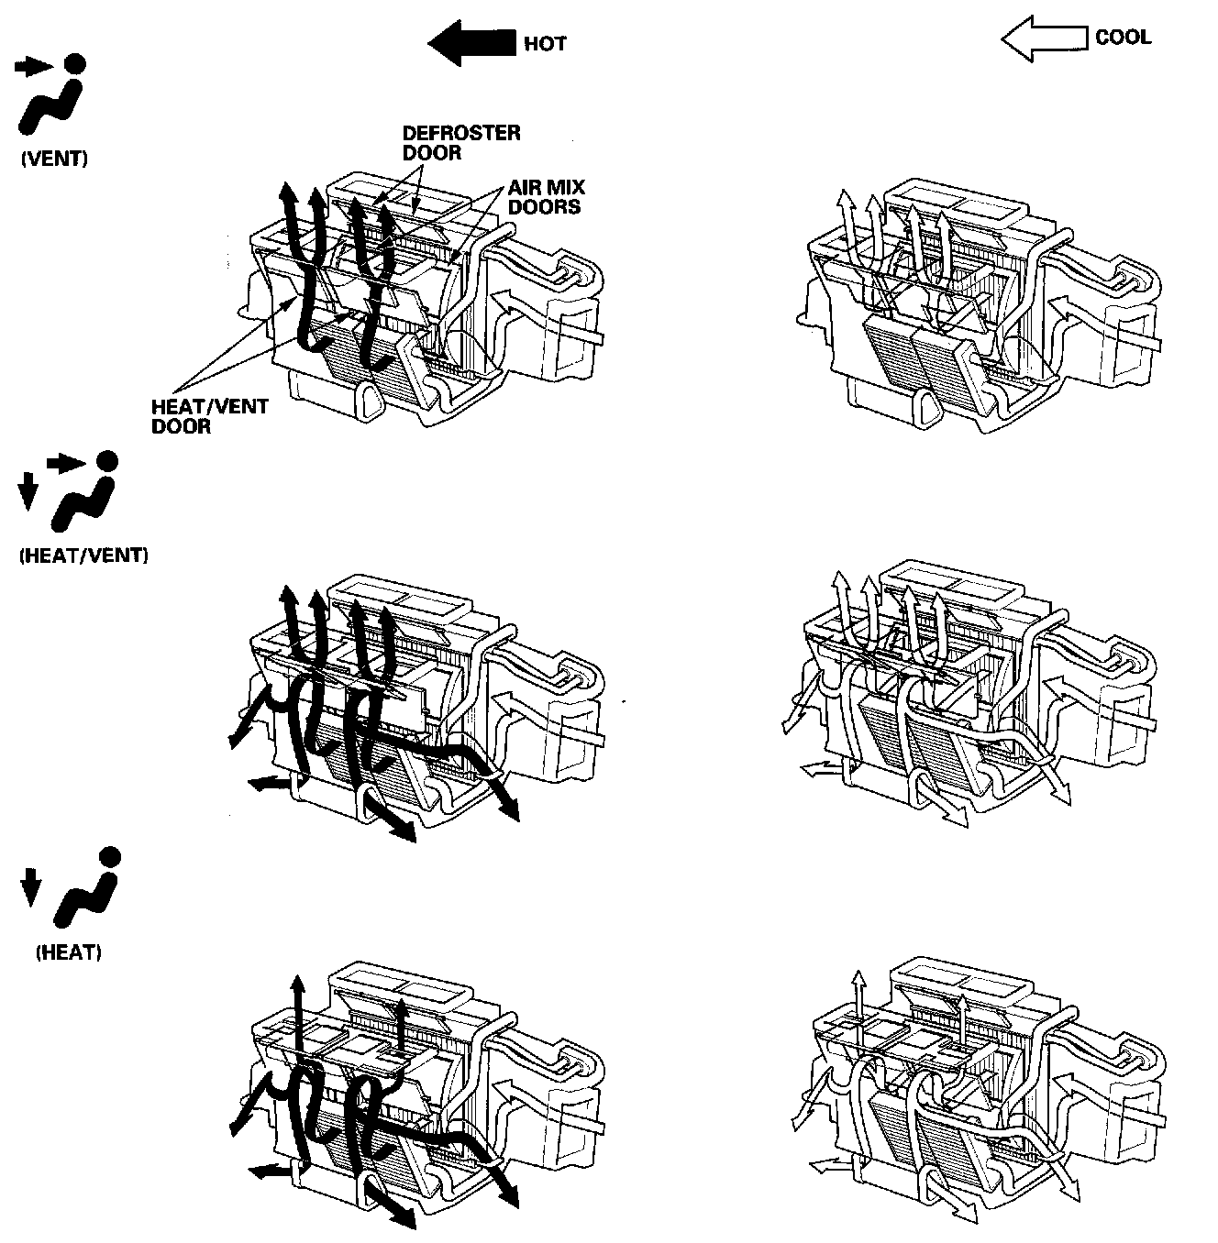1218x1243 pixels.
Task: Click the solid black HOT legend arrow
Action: tap(471, 44)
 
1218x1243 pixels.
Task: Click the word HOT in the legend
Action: tap(545, 44)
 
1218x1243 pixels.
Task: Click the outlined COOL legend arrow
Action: tap(1044, 38)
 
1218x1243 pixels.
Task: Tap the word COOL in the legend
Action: tap(1123, 38)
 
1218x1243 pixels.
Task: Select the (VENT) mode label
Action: tap(54, 159)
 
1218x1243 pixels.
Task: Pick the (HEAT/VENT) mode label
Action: tap(83, 555)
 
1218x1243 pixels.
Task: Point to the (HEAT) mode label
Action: tap(69, 952)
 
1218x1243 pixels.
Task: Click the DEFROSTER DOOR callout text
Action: tap(460, 142)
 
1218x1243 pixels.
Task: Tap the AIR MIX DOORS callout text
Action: tap(546, 196)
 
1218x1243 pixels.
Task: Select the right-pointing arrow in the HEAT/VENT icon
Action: tap(65, 463)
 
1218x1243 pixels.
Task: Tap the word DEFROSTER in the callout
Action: tap(461, 133)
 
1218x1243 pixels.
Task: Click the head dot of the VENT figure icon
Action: tap(75, 63)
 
